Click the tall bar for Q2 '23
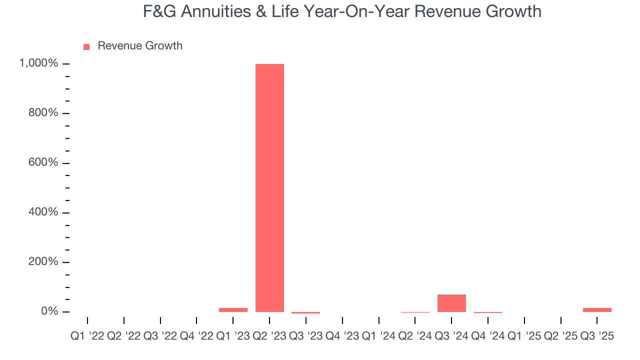click(269, 187)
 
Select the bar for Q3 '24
click(451, 303)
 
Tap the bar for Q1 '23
click(233, 310)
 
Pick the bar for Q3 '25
click(597, 310)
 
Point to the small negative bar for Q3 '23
click(305, 312)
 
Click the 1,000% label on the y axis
click(38, 63)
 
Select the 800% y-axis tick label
click(43, 113)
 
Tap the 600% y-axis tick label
click(43, 162)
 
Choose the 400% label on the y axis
click(43, 212)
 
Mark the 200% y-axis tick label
click(43, 262)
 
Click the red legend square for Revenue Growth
click(86, 46)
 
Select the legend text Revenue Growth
click(140, 46)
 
